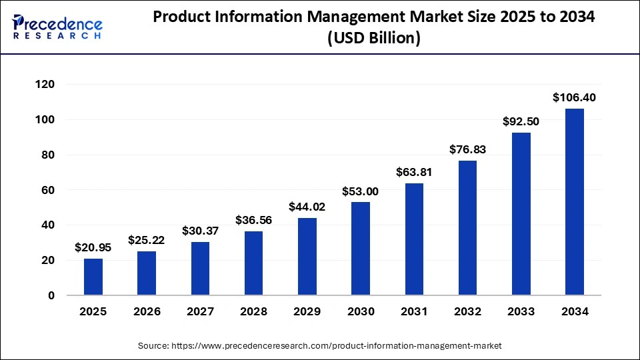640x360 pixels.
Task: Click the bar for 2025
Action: point(93,277)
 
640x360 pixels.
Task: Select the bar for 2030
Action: point(361,249)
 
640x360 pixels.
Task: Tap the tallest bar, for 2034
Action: point(574,202)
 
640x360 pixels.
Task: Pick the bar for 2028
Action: point(253,263)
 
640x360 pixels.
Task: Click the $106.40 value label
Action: point(574,97)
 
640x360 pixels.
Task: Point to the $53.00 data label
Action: point(361,191)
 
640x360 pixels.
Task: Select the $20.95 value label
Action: point(93,247)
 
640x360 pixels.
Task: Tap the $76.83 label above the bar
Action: point(467,149)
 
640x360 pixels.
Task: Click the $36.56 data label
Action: point(253,220)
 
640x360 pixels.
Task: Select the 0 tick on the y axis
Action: point(50,295)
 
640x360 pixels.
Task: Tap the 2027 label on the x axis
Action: point(200,311)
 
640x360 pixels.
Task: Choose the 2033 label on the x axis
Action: point(521,311)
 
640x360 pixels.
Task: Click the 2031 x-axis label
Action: point(414,311)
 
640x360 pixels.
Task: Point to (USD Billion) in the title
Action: point(373,39)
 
